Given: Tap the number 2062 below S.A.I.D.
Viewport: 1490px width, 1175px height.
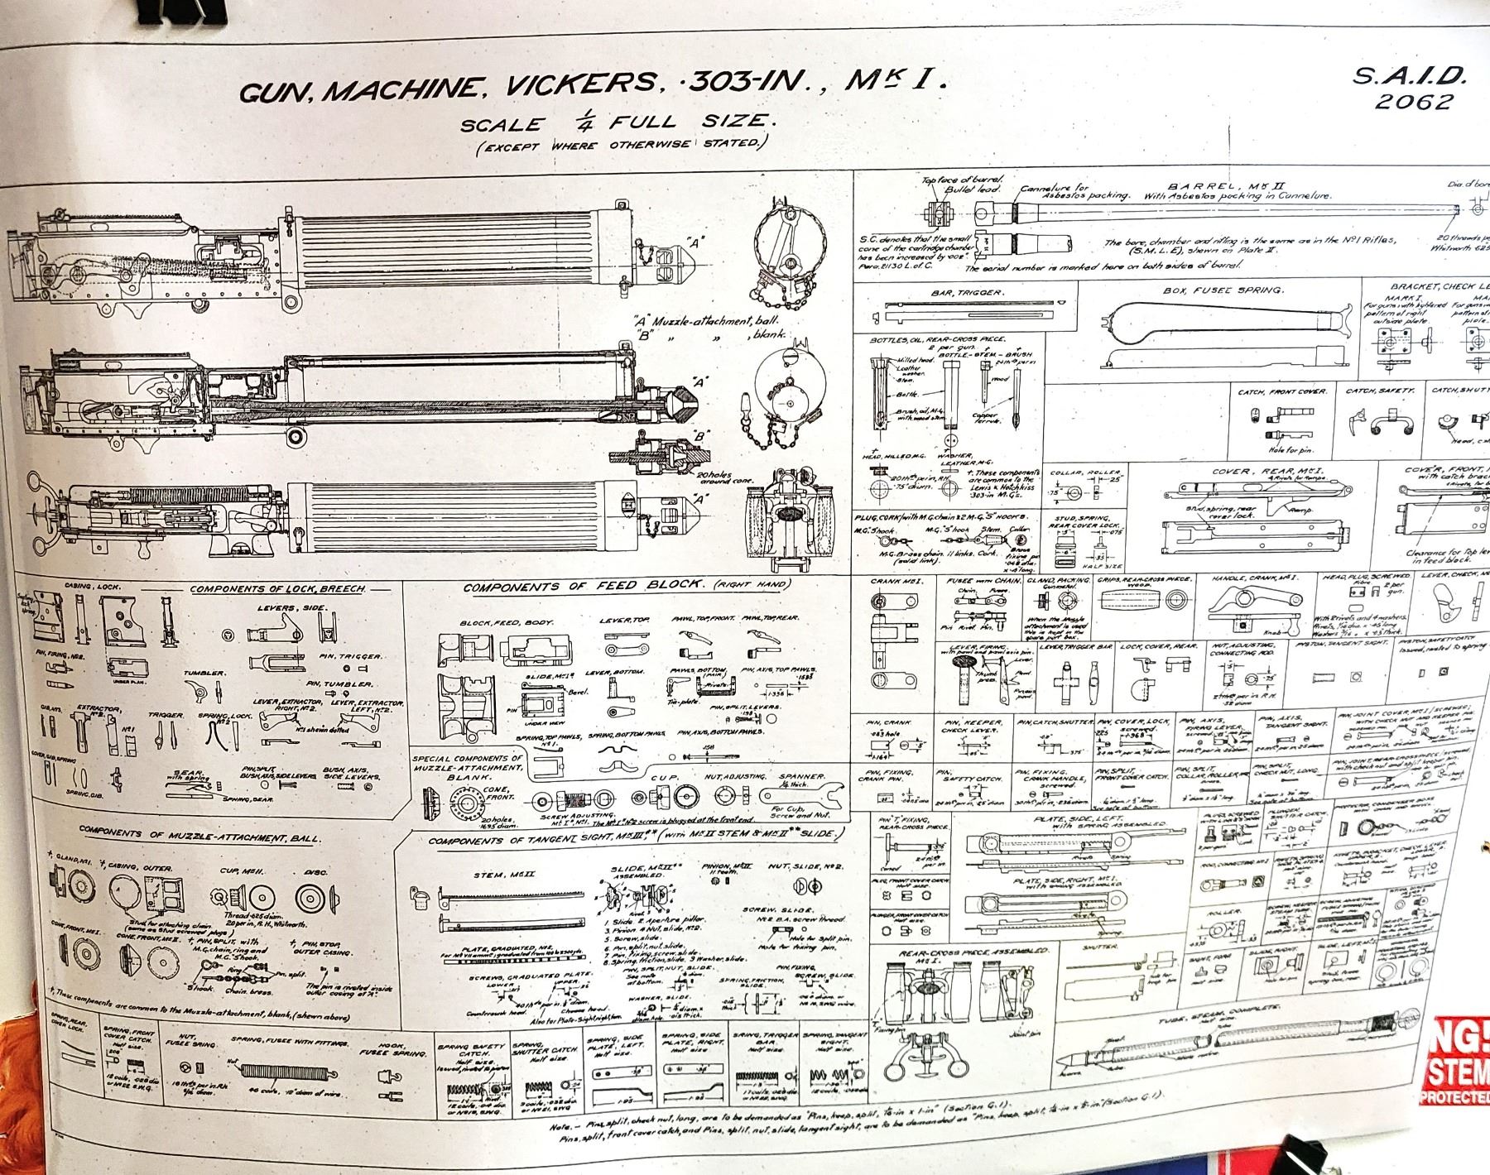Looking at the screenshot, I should point(1413,103).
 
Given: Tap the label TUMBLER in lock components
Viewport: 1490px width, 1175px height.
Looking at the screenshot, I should point(204,673).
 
